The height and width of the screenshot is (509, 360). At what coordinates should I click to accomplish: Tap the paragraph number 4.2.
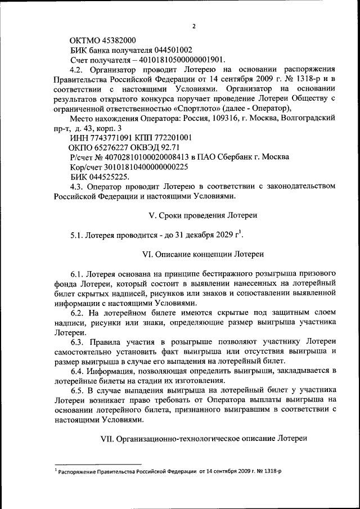[77, 69]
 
